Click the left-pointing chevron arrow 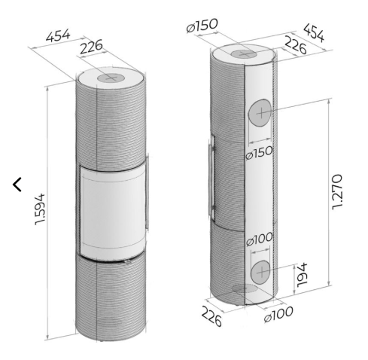tap(17, 185)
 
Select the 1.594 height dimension tap(40, 209)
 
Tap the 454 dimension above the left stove tap(58, 36)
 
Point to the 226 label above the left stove tap(92, 47)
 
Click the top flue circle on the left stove tap(111, 78)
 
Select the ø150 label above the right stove tap(202, 26)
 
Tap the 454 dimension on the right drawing tap(314, 32)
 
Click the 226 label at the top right tap(296, 45)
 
